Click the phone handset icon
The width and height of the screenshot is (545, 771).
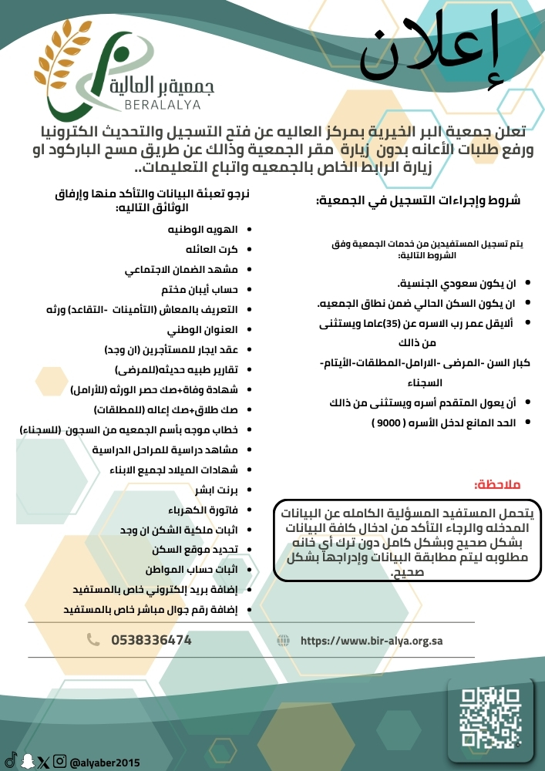point(93,640)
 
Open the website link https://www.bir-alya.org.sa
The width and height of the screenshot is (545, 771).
point(371,641)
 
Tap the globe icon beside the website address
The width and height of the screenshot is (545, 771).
point(284,641)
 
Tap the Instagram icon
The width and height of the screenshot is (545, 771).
point(59,761)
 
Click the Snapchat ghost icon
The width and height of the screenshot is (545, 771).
point(28,761)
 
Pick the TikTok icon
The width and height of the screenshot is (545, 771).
point(11,761)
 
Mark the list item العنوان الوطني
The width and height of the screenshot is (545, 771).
point(203,329)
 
